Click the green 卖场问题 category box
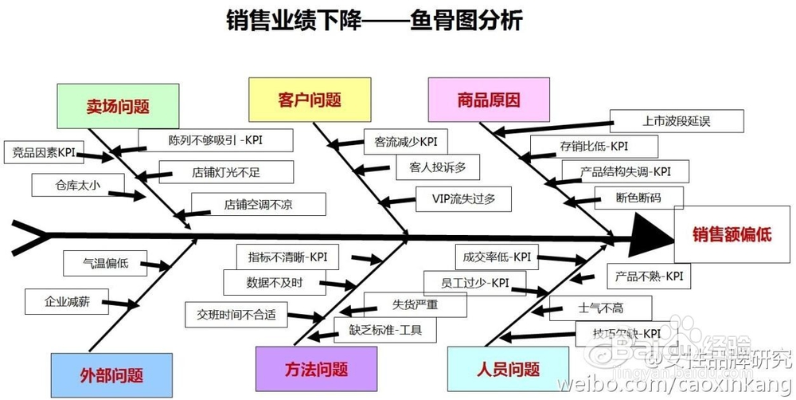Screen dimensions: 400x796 116,106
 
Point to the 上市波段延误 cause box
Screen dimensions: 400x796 677,122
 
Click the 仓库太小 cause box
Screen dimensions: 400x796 78,185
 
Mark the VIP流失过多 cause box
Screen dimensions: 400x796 462,199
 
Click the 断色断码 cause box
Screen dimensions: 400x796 627,198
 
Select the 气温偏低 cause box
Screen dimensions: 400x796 105,263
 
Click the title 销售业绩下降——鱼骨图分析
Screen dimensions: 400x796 374,20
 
